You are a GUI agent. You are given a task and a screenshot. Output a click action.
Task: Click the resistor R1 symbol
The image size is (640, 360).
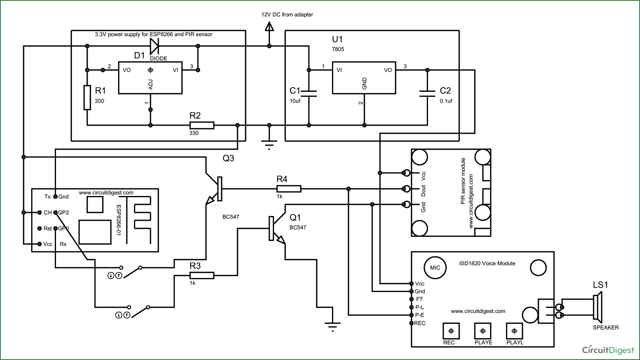87,97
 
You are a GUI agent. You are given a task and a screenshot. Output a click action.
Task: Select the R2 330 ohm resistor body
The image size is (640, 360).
202,125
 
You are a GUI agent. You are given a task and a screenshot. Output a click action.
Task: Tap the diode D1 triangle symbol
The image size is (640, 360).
154,46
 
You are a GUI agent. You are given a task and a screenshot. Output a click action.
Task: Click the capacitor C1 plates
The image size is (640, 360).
309,93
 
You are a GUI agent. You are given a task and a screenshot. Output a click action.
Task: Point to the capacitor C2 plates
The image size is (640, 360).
427,93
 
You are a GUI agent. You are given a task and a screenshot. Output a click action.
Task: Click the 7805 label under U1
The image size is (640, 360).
338,49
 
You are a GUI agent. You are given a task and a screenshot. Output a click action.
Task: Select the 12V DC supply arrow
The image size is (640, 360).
269,27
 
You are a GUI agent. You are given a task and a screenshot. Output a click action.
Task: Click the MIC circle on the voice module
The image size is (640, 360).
435,268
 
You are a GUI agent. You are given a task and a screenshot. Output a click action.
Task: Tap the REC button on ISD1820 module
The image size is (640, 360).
451,331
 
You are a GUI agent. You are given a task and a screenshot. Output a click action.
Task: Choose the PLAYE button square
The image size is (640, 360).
482,331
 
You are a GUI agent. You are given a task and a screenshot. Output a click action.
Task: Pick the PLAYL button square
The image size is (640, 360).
514,331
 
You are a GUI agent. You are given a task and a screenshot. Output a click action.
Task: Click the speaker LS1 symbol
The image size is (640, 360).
598,307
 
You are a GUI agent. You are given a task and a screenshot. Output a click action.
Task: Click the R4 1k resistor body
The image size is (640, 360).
289,188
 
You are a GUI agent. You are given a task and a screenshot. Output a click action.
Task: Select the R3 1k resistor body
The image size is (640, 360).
202,275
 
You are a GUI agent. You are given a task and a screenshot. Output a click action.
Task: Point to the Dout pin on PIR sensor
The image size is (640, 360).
406,188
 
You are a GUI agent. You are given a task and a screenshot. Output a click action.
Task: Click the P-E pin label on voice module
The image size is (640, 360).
419,315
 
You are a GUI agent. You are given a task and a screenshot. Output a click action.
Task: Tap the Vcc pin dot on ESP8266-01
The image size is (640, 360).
39,244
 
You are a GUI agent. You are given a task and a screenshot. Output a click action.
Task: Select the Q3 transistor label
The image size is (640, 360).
228,158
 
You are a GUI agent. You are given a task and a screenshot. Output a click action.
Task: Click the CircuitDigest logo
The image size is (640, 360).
608,350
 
